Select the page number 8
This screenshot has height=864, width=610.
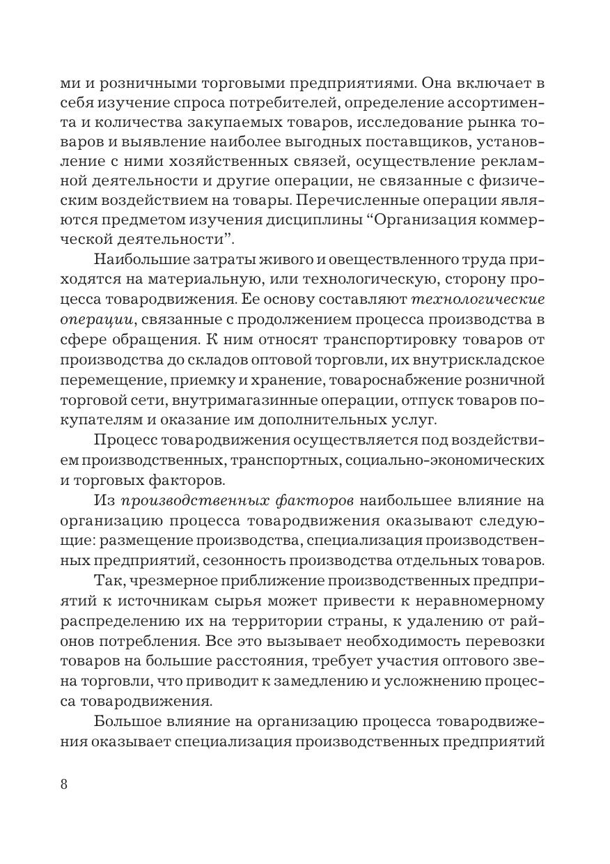pyautogui.click(x=64, y=783)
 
